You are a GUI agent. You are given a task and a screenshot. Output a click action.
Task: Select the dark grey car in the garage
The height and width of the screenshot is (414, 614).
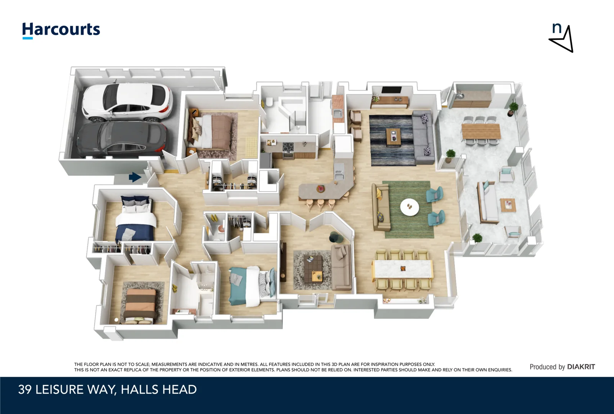coord(123,138)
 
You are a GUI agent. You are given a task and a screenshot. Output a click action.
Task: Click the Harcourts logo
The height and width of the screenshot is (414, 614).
coord(61,30)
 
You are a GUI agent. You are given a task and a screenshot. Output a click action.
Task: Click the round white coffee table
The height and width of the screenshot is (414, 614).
coord(409,207)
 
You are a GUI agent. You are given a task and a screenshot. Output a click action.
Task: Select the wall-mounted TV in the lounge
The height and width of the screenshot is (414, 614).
coord(391,90)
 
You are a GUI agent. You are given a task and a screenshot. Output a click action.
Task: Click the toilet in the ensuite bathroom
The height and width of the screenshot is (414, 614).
coord(269,102)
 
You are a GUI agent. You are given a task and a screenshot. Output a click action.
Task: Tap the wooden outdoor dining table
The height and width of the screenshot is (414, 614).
coord(481,131)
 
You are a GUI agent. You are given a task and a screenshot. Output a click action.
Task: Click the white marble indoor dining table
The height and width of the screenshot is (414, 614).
coord(403,269)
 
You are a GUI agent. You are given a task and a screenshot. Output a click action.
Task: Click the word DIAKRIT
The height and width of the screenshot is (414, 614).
coord(581,367)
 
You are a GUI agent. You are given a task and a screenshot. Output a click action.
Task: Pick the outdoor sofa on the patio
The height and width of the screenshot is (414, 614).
coord(486,203)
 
